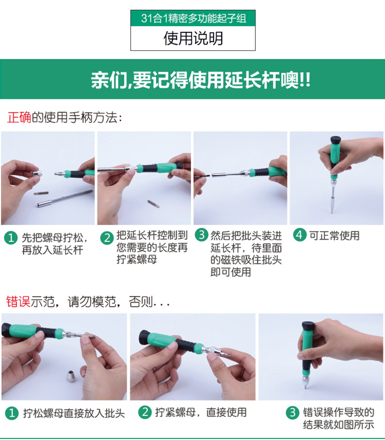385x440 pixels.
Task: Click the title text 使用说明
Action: click(x=193, y=38)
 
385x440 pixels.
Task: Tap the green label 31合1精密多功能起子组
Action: click(x=193, y=18)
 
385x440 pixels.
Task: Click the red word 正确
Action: click(x=19, y=117)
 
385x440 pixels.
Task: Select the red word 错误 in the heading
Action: click(x=18, y=302)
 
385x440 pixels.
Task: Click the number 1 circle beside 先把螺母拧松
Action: click(x=11, y=238)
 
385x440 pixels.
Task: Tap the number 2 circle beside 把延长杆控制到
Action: click(x=107, y=238)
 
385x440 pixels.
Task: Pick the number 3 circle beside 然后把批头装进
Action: click(x=202, y=234)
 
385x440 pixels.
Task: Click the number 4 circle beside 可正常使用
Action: click(x=299, y=234)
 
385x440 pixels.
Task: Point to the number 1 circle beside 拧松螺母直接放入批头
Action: click(x=12, y=413)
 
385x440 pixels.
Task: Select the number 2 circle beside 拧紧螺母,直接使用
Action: click(x=145, y=412)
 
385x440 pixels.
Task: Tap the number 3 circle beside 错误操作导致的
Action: click(x=293, y=413)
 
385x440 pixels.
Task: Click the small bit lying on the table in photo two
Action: click(x=154, y=204)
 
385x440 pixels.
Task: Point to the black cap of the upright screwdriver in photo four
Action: click(x=336, y=140)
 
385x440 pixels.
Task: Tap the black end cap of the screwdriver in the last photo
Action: click(x=308, y=325)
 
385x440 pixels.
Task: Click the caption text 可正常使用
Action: click(x=334, y=235)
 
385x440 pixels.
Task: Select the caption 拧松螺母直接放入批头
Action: click(x=74, y=413)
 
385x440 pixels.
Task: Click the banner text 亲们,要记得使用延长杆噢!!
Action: click(x=200, y=80)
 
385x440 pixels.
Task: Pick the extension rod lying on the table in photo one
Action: click(x=65, y=198)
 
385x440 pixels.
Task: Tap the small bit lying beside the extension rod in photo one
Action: click(x=41, y=193)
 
